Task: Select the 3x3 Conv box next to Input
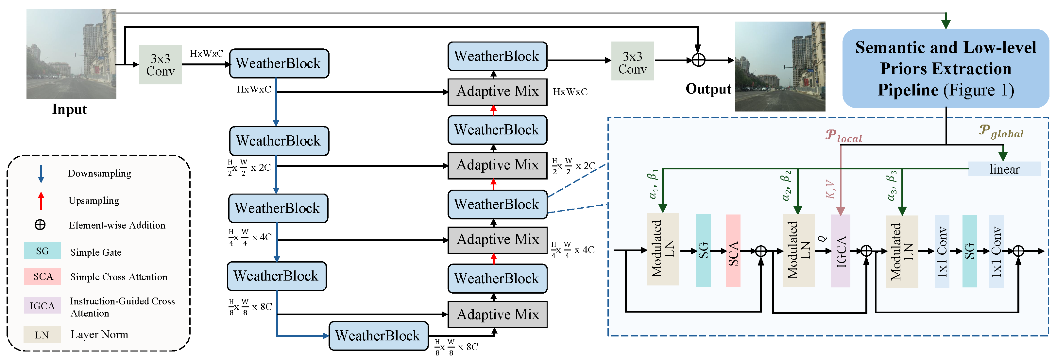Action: click(x=160, y=65)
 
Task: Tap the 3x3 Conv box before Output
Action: click(x=632, y=61)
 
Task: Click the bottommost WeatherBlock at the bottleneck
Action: click(x=378, y=336)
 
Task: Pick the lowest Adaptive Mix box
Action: click(x=497, y=315)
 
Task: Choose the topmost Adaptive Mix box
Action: click(x=497, y=92)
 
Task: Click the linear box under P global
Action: click(x=1004, y=169)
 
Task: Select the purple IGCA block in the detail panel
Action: click(x=840, y=251)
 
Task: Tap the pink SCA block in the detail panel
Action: click(x=733, y=251)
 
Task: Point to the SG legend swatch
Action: click(x=42, y=251)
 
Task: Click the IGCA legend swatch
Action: click(x=42, y=305)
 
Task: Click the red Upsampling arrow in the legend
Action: click(x=41, y=201)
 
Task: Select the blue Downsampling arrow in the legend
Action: click(x=41, y=173)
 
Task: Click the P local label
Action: click(x=843, y=136)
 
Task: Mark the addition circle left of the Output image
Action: click(x=699, y=60)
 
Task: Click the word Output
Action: click(x=708, y=89)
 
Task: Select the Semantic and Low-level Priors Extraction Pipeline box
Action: click(x=945, y=68)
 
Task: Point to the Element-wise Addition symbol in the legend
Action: click(x=40, y=225)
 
